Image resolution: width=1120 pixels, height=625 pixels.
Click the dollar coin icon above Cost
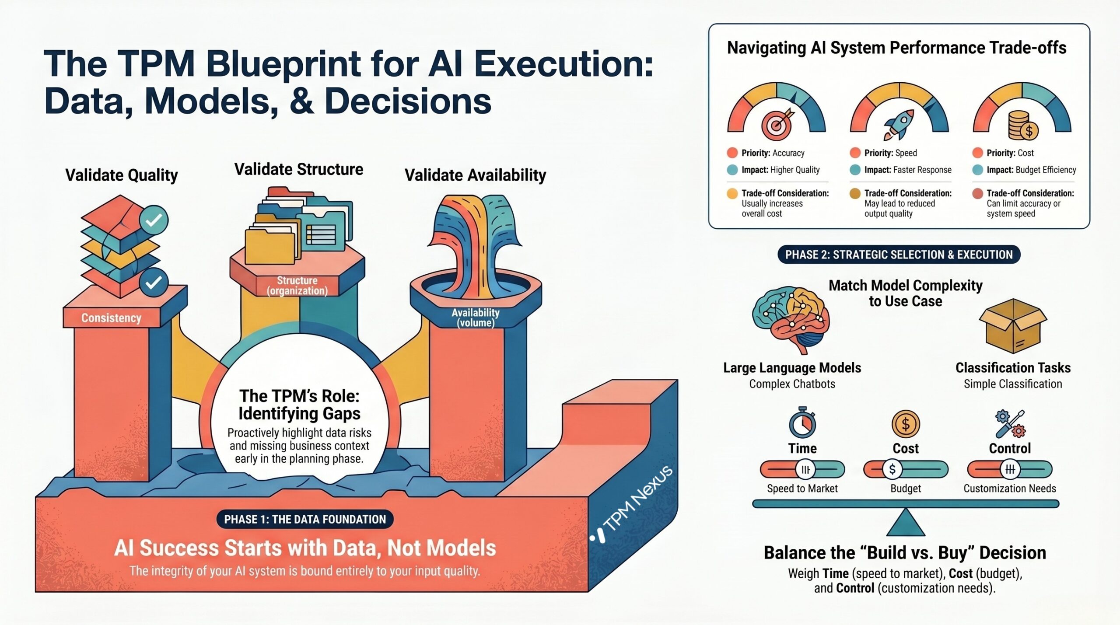(x=906, y=423)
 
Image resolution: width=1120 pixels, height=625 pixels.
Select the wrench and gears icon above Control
(x=1010, y=423)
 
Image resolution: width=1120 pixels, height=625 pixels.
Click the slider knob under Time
(x=805, y=470)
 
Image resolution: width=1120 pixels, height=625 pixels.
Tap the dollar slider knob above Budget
(x=892, y=470)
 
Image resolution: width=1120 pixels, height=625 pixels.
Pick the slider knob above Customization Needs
(x=1010, y=470)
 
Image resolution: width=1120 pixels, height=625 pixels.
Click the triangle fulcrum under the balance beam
(x=906, y=523)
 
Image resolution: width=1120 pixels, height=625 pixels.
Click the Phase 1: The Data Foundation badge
(x=305, y=519)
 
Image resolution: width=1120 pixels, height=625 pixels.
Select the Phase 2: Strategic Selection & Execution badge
(x=899, y=255)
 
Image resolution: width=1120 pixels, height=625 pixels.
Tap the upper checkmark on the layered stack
(x=154, y=220)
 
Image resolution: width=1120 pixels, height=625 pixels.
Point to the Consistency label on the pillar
(x=111, y=318)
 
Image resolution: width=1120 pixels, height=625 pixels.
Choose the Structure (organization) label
(x=297, y=286)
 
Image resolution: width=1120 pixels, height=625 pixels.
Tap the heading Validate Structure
(x=299, y=169)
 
